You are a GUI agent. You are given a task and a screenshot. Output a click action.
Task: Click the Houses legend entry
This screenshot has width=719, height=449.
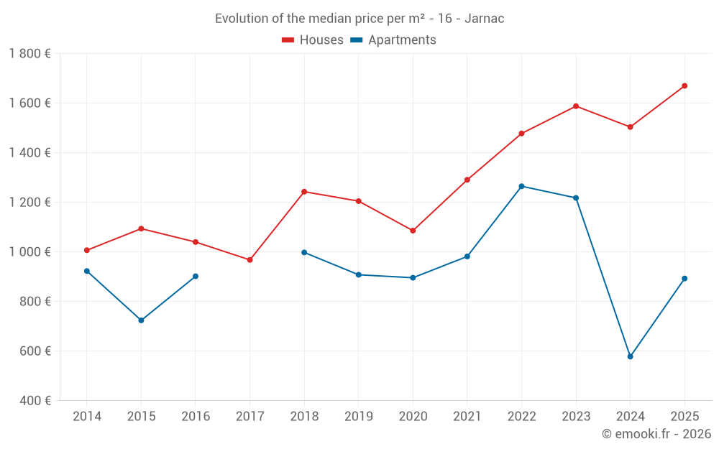click(313, 40)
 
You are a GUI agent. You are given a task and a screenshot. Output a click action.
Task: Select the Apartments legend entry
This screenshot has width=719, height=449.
click(393, 40)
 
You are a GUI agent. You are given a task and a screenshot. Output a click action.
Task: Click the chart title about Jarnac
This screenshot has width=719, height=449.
click(359, 18)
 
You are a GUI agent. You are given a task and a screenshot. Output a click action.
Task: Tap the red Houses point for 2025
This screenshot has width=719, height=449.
click(684, 86)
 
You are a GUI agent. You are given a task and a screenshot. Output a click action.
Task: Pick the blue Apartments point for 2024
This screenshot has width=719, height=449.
click(631, 356)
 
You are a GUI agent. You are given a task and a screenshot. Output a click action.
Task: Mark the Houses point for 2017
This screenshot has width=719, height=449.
click(249, 260)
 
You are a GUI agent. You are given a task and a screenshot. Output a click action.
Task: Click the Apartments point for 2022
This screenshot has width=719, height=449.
click(521, 186)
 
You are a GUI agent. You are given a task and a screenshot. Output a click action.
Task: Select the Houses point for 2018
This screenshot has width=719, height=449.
click(304, 192)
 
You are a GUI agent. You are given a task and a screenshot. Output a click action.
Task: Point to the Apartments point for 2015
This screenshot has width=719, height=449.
click(141, 320)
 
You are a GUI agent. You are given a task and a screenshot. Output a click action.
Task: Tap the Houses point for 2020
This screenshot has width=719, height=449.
click(413, 231)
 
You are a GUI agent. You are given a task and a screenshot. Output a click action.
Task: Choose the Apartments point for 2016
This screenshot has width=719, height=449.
click(196, 276)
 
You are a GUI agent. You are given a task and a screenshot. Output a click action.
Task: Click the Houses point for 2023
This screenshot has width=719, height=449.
click(576, 106)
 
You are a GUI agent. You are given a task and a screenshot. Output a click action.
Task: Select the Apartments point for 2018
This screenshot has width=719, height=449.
click(304, 252)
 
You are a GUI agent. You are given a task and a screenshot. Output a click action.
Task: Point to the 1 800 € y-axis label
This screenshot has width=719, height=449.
click(29, 53)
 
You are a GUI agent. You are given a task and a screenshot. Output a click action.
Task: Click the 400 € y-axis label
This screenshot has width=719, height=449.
click(34, 400)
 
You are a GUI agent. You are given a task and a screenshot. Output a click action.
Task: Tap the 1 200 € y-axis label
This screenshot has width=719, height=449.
click(29, 202)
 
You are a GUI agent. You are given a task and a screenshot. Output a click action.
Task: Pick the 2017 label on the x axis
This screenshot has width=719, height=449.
click(249, 416)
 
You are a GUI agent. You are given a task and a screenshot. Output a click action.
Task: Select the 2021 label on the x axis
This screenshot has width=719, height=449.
click(467, 416)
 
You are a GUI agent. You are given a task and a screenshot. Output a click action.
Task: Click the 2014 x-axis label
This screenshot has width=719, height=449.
click(87, 416)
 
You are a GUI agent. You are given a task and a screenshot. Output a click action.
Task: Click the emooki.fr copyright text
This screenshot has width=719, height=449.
click(656, 434)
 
